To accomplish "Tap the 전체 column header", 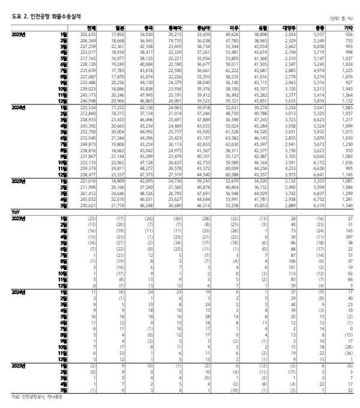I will pos(92,28).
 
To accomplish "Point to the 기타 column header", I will pos(347,28).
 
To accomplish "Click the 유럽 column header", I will pos(262,28).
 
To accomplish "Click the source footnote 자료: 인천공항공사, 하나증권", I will pos(38,397).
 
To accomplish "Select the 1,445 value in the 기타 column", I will pos(347,88).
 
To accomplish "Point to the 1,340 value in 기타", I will pos(347,205).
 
